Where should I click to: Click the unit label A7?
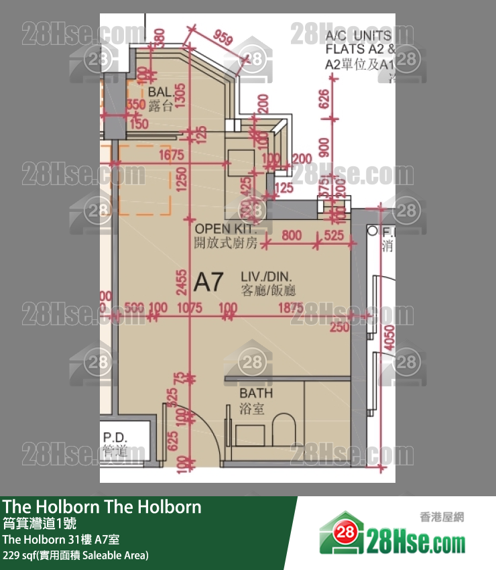click(x=208, y=282)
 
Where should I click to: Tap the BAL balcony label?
click(x=160, y=91)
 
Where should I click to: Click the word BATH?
click(x=256, y=394)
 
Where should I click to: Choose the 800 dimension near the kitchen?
click(x=291, y=235)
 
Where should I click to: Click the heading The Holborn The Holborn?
click(x=102, y=506)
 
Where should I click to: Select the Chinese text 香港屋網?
click(x=442, y=517)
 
